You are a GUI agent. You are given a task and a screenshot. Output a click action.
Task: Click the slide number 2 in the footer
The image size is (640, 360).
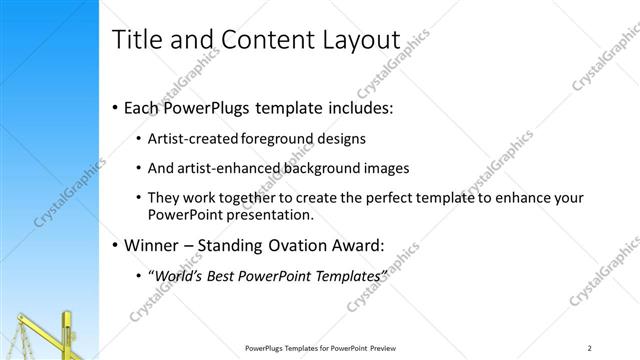click(590, 347)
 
